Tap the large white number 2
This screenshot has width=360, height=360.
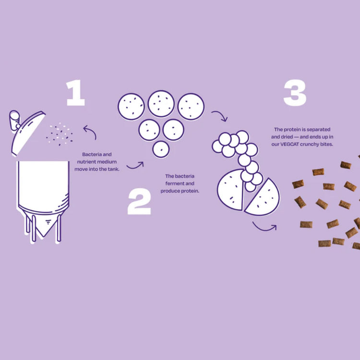139,202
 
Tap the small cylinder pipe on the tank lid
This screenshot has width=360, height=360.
14,120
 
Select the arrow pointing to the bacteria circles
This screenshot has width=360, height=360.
135,166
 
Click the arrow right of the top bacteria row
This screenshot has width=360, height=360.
219,116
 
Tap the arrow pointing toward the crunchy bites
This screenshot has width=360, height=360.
264,225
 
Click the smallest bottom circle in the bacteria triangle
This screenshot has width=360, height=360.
161,149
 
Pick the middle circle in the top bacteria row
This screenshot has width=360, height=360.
161,104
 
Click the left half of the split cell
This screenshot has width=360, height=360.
230,189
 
